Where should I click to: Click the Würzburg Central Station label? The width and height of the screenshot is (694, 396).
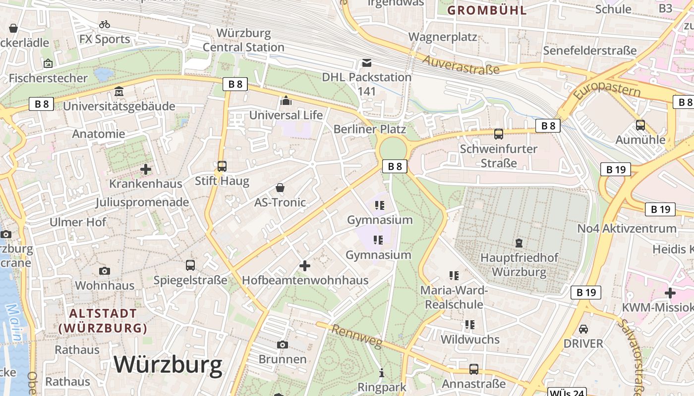[x=243, y=41]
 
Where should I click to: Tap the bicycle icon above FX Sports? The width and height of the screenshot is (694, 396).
[x=105, y=24]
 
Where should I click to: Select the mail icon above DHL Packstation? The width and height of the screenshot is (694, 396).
[x=366, y=63]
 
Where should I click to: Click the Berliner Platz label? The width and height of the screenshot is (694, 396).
[x=370, y=129]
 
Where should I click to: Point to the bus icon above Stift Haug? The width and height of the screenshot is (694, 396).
[x=222, y=166]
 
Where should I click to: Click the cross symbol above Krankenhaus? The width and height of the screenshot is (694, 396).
[x=146, y=169]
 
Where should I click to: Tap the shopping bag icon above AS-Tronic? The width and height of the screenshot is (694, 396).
[x=280, y=188]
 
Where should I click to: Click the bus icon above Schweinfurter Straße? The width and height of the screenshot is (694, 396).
[x=499, y=134]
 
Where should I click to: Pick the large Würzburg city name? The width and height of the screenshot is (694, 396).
[x=168, y=365]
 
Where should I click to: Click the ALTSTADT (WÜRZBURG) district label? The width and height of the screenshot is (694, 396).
[x=103, y=320]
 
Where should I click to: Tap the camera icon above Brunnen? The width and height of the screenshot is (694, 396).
[x=283, y=345]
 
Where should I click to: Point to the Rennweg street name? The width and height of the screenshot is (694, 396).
[x=357, y=337]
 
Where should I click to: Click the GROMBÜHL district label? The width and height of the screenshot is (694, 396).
[x=487, y=10]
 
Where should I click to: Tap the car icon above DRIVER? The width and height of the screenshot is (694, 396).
[x=583, y=329]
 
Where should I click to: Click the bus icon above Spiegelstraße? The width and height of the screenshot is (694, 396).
[x=190, y=265]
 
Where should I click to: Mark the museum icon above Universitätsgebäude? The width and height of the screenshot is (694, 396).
[x=119, y=92]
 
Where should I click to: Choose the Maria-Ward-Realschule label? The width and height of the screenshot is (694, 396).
[x=454, y=297]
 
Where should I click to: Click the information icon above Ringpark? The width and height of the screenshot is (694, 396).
[x=382, y=373]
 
